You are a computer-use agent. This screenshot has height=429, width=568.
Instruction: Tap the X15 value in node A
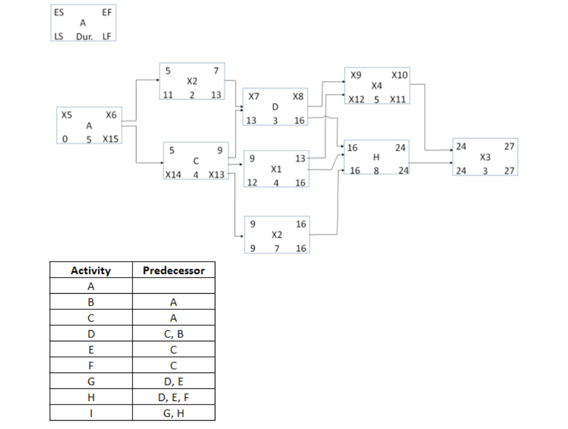110,139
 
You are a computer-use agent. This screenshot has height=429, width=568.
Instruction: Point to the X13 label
217,175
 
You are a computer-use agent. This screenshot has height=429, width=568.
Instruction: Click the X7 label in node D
253,95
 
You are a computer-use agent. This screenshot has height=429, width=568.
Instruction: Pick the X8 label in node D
298,95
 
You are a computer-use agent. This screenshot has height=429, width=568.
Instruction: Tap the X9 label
356,76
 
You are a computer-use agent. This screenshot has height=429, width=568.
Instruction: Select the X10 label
399,76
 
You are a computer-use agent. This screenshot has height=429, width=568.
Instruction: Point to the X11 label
397,99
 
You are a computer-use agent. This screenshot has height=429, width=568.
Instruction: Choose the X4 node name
376,87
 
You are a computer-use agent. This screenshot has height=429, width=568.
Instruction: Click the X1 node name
276,170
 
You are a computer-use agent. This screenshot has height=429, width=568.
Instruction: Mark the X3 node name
485,158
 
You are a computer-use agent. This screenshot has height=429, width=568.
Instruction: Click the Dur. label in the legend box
83,36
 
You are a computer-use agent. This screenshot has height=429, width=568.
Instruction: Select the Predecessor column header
174,271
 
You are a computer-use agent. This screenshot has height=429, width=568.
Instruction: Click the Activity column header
91,271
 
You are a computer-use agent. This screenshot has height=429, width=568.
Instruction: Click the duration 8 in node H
376,170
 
